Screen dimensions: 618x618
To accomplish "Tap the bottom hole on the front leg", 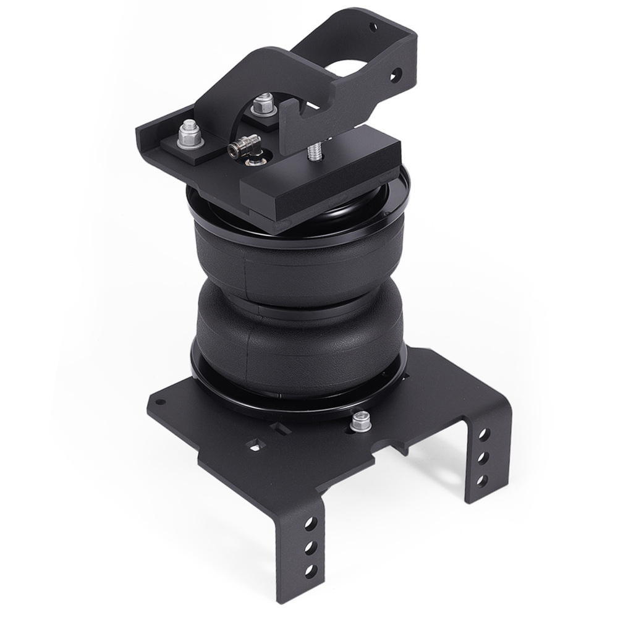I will coord(311,570).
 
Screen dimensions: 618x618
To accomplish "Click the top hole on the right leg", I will coord(483,434).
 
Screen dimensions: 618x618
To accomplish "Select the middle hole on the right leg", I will coord(483,457).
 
